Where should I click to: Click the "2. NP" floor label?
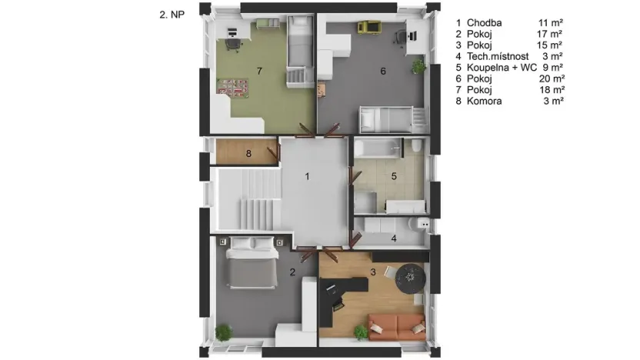tap(172, 15)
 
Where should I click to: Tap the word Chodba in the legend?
tap(484, 23)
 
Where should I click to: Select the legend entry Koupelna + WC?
tap(502, 68)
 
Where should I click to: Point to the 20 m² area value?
tap(552, 78)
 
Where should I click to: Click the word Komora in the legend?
tap(484, 102)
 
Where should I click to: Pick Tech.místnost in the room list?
tap(498, 56)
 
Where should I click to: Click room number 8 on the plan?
tap(248, 154)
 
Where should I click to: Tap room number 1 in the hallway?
tap(307, 176)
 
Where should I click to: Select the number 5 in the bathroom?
tap(394, 176)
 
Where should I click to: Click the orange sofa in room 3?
tap(397, 327)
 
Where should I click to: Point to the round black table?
tap(410, 278)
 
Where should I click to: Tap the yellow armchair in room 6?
tap(369, 27)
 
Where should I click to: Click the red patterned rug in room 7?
tap(233, 88)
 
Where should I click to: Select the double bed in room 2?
tap(252, 262)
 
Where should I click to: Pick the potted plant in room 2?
tap(223, 332)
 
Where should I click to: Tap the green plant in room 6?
tap(418, 66)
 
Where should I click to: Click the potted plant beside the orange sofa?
tap(361, 332)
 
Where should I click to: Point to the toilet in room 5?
tap(416, 145)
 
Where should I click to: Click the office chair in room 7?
tap(232, 45)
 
